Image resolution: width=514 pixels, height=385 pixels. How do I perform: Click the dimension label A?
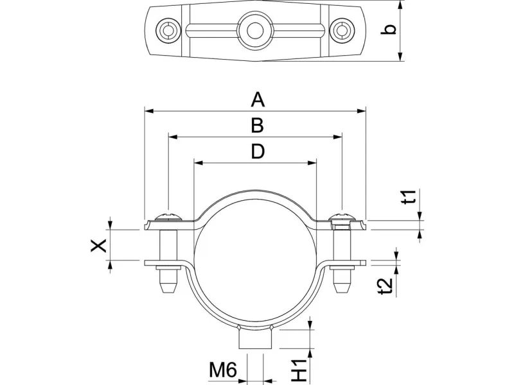(x=258, y=100)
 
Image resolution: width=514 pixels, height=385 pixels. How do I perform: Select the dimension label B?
(x=258, y=125)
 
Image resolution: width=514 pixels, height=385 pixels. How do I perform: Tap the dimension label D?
(x=258, y=151)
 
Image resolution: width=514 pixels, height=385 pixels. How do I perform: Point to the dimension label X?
(x=99, y=245)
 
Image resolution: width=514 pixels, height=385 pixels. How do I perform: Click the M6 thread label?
(x=223, y=370)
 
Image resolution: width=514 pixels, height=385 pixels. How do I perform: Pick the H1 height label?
(x=299, y=370)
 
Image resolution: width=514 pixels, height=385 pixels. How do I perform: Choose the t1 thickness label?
(x=410, y=196)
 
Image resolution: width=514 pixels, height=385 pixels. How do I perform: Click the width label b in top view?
(x=389, y=29)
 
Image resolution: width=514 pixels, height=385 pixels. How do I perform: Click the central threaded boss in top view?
(x=255, y=31)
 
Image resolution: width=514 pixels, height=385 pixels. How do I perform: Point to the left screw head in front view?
(x=168, y=218)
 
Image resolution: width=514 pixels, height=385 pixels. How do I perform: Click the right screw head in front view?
(x=342, y=218)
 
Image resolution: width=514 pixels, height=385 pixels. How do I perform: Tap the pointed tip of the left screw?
(x=168, y=293)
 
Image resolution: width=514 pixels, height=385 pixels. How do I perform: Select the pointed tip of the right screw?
(x=342, y=293)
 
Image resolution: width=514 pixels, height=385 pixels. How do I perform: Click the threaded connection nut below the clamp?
(x=255, y=339)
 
